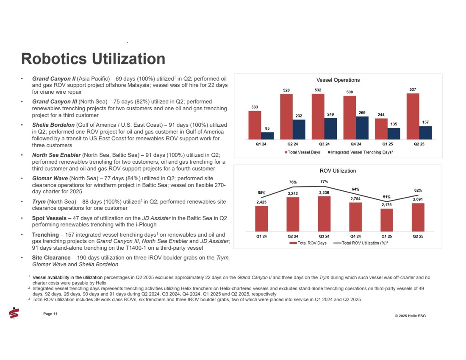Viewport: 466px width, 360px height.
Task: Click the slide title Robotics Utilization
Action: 93,59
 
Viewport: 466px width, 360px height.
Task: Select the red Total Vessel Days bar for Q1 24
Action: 255,125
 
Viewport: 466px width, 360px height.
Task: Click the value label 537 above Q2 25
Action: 413,89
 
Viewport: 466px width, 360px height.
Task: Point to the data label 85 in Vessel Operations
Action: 267,128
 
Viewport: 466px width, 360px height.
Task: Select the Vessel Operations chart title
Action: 338,80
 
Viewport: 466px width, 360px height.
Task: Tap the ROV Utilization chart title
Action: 338,170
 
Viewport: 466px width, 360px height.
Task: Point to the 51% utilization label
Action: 386,197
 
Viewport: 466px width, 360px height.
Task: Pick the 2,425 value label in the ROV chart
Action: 261,202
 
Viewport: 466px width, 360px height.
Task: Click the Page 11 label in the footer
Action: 50,313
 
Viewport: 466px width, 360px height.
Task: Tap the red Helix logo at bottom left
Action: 14,313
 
